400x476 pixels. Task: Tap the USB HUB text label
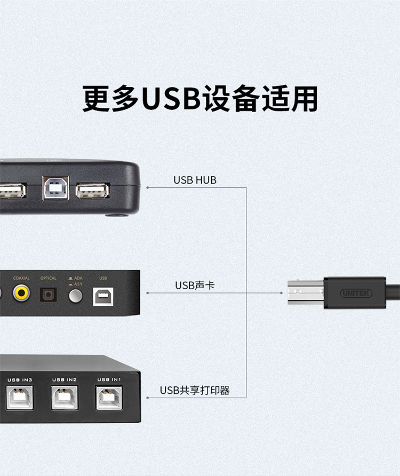click(x=195, y=180)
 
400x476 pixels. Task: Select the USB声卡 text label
click(x=195, y=286)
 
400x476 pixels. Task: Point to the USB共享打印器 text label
click(x=195, y=391)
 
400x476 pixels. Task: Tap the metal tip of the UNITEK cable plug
click(x=305, y=293)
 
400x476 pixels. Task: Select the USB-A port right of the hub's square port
click(x=92, y=191)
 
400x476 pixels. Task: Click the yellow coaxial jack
click(x=22, y=292)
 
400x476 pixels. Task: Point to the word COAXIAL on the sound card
click(x=21, y=278)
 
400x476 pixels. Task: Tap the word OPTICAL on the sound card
click(x=48, y=278)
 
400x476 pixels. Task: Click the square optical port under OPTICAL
click(x=49, y=293)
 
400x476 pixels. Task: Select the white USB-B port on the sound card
click(x=103, y=296)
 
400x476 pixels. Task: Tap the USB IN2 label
click(x=65, y=379)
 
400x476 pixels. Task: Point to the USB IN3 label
click(x=20, y=379)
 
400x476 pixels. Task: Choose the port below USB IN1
click(x=109, y=398)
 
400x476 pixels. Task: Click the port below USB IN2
click(x=65, y=398)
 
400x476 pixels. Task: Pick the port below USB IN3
click(x=19, y=398)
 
